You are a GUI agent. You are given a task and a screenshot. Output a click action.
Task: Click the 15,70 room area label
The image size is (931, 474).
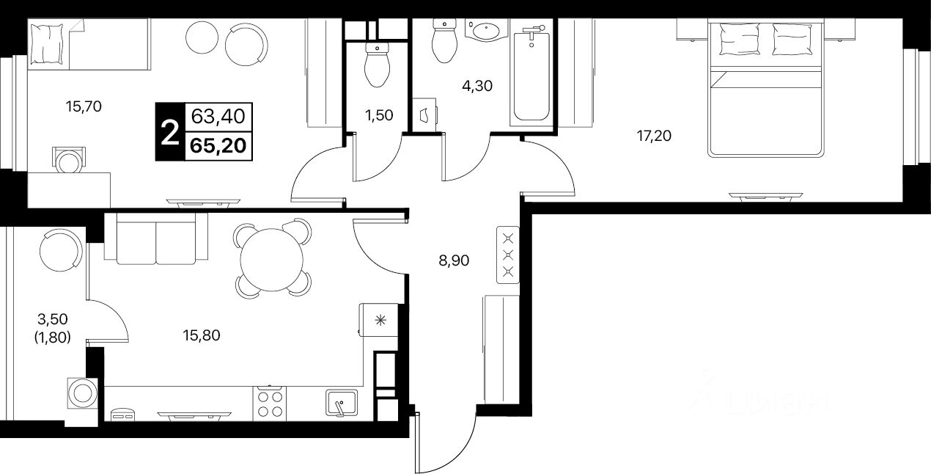click(x=83, y=106)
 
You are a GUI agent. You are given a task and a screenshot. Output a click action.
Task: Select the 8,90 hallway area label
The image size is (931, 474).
click(x=454, y=260)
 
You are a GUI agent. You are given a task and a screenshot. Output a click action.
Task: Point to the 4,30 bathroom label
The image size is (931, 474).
click(x=476, y=85)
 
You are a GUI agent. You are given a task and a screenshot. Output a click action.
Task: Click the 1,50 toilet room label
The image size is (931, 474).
click(x=380, y=114)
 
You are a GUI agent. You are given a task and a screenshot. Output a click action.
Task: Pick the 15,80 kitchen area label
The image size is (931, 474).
click(x=201, y=336)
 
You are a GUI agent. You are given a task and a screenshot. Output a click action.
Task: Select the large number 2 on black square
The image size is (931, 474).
click(x=169, y=133)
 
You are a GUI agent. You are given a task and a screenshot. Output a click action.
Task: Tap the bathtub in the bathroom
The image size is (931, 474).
click(x=531, y=73)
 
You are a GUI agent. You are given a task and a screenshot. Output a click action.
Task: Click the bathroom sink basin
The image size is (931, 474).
click(x=485, y=31)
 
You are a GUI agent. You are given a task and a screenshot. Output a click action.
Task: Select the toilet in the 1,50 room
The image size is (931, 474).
click(x=376, y=66)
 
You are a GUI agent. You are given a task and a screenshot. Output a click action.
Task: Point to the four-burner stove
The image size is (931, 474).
click(x=269, y=404)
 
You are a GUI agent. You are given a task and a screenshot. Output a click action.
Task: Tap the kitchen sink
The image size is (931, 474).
click(x=341, y=403)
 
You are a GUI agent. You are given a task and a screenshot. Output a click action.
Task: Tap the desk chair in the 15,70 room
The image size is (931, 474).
click(x=69, y=158)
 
